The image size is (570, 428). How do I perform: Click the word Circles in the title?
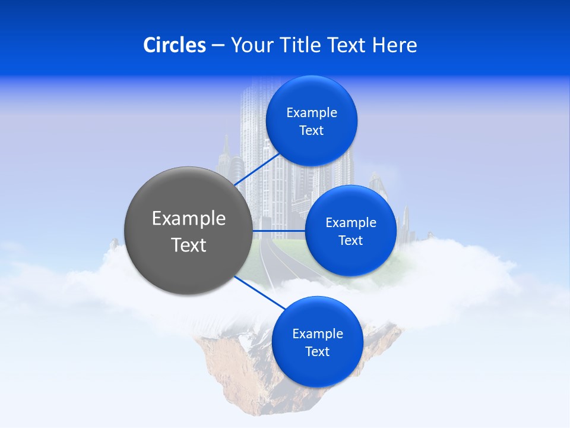[175, 45]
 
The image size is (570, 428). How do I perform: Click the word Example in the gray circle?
[189, 219]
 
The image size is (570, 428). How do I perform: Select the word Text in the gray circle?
[189, 245]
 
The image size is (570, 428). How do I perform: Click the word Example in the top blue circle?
[312, 113]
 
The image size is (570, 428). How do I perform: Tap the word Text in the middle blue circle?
[351, 241]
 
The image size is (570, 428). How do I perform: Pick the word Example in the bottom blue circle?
[318, 334]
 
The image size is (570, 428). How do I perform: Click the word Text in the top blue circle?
[312, 131]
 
